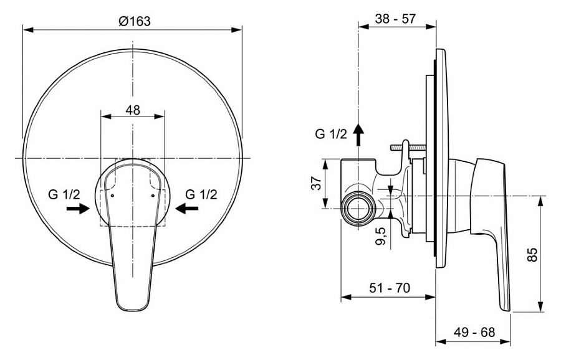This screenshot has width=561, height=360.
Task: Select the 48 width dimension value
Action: (133, 110)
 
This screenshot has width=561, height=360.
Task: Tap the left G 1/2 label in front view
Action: (63, 194)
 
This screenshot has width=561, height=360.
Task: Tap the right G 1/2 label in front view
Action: (201, 194)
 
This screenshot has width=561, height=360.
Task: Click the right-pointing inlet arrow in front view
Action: (77, 209)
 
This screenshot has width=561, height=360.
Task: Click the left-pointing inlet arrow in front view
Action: (187, 209)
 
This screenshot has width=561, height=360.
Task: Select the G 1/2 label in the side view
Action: (331, 134)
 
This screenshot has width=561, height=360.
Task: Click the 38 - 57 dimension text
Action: (396, 19)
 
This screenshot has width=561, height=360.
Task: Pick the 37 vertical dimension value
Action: (316, 184)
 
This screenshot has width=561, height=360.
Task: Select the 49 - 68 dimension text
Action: (474, 332)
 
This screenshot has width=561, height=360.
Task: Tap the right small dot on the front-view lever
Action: (153, 195)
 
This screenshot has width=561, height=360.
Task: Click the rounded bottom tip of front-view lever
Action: (132, 305)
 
